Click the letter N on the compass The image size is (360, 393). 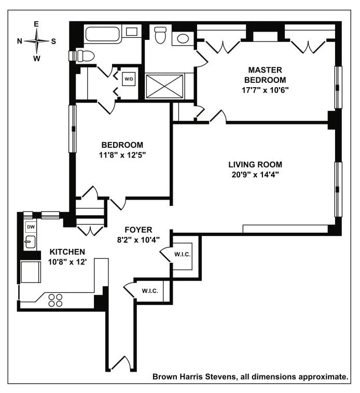click(x=20, y=41)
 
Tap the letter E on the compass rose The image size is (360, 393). click(x=36, y=24)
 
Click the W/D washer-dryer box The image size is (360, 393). click(x=129, y=79)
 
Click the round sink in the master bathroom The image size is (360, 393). click(x=182, y=38)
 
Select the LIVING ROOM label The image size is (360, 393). click(x=255, y=165)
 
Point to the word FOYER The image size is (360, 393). click(x=138, y=230)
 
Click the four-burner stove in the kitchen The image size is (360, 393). click(x=55, y=300)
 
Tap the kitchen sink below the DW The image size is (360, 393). click(x=30, y=242)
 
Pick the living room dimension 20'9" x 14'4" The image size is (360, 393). click(x=255, y=175)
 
